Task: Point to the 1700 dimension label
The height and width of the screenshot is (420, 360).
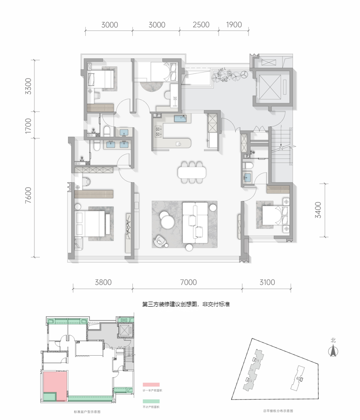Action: click(29, 125)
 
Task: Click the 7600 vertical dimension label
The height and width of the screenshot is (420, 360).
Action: click(29, 197)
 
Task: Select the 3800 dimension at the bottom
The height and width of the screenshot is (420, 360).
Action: click(102, 282)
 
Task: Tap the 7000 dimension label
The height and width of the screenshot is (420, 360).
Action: click(188, 282)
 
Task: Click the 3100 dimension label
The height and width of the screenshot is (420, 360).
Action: click(268, 282)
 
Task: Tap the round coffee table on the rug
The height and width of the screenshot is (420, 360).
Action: click(167, 222)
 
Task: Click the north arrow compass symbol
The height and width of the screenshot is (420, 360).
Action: click(333, 350)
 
